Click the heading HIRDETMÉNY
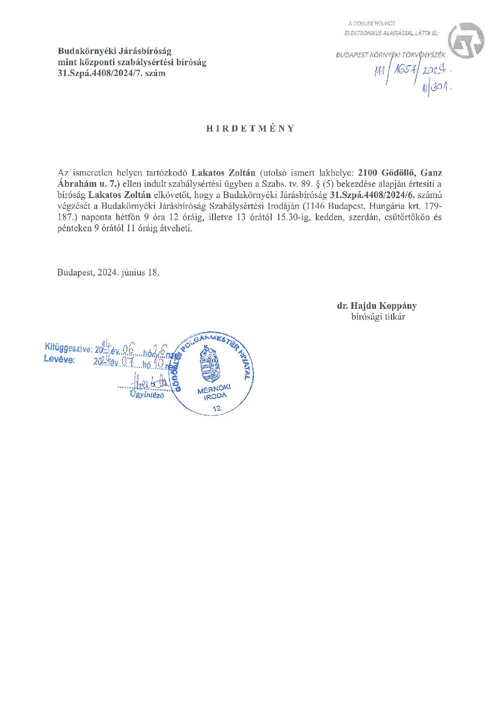(x=251, y=129)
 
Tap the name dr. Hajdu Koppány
(x=376, y=306)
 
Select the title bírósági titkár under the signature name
(x=378, y=317)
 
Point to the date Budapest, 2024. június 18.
(x=108, y=272)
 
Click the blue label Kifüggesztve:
(x=68, y=347)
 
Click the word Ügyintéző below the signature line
(x=147, y=395)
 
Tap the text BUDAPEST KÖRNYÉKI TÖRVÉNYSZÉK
(x=390, y=55)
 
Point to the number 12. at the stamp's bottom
(x=217, y=409)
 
